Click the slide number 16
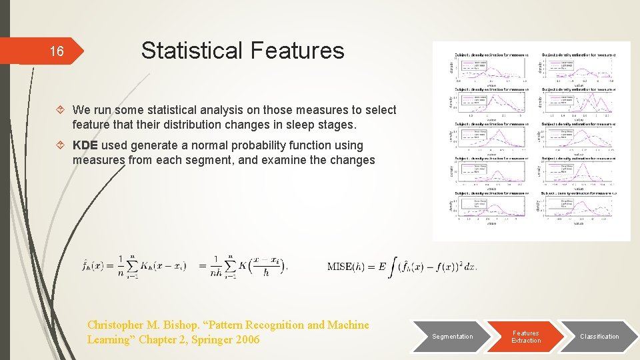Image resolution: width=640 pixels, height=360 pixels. coord(57,51)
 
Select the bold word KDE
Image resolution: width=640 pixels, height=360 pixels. coord(85,145)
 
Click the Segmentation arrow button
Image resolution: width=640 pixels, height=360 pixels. coord(453,336)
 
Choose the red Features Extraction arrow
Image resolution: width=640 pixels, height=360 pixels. coord(526,336)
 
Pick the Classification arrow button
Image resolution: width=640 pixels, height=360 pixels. coord(599,336)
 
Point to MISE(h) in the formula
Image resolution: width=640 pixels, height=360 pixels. coord(345,267)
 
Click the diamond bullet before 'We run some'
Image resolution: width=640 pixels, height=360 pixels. coord(61,110)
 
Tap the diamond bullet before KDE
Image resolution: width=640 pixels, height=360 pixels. coord(61,145)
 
